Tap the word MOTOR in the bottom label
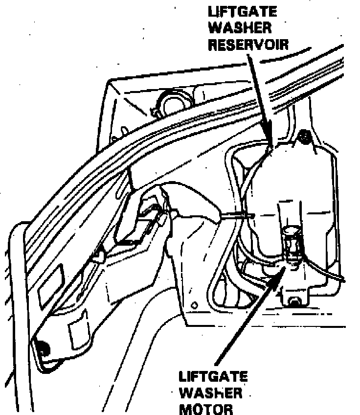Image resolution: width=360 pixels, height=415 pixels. click(203, 408)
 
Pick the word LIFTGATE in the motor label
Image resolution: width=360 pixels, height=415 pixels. click(213, 377)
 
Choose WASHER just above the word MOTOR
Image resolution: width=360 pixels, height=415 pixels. click(211, 392)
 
